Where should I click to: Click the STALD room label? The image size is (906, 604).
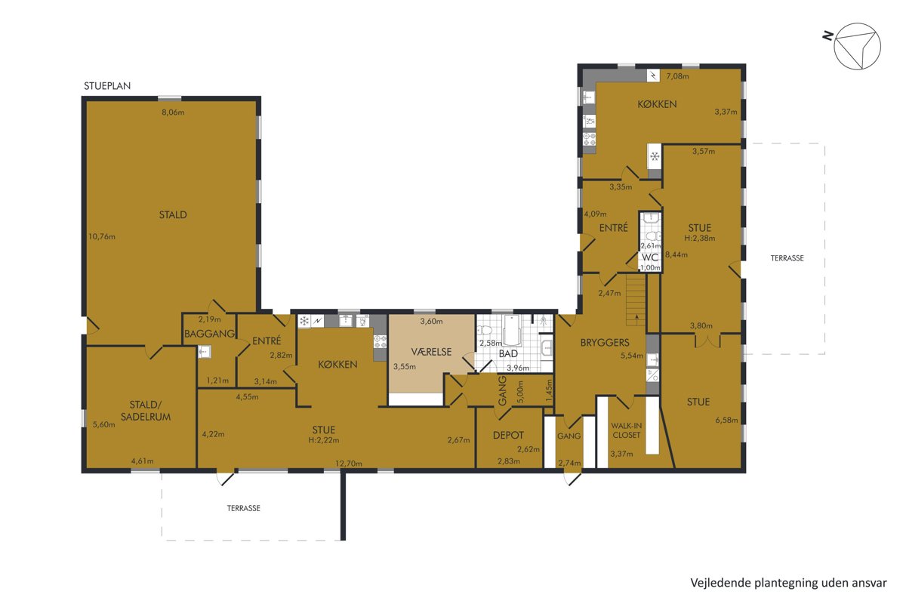(173, 215)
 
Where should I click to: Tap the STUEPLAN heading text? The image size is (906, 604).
(107, 86)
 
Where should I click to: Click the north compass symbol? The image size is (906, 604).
(856, 46)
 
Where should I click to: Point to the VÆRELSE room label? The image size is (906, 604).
(431, 352)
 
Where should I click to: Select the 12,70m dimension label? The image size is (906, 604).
(348, 464)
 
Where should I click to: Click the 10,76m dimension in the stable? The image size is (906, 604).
(102, 236)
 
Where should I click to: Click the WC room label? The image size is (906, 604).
(650, 257)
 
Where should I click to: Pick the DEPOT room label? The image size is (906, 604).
(508, 436)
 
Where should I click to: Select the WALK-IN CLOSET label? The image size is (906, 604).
(626, 430)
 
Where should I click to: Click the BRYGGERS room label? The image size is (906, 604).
(605, 343)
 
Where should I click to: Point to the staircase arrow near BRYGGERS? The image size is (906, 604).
(637, 318)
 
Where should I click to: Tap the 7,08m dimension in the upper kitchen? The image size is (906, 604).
(677, 76)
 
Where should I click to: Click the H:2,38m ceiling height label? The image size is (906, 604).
(700, 239)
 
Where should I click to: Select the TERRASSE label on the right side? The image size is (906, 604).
(787, 258)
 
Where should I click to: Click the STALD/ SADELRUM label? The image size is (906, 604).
(146, 411)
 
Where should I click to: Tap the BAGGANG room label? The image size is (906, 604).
(210, 334)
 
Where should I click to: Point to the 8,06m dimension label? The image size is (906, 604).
(173, 112)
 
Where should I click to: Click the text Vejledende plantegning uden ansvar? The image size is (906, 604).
(788, 583)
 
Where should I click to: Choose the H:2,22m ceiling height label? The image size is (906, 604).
(324, 440)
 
